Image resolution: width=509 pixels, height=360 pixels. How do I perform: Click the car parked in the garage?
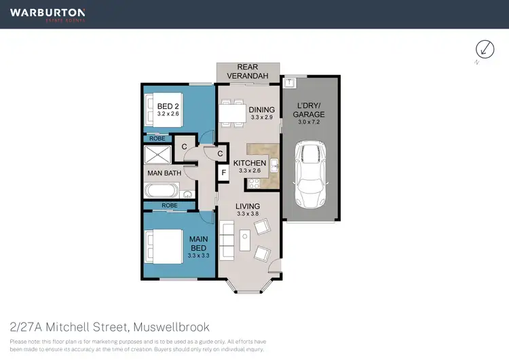309,177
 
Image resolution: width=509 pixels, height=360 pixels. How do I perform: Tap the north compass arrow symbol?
485,49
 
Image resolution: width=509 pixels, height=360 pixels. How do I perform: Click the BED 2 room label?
168,110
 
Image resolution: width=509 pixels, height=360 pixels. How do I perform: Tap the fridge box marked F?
222,173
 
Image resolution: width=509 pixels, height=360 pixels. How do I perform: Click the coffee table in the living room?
245,241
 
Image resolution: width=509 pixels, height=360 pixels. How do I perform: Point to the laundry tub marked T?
289,83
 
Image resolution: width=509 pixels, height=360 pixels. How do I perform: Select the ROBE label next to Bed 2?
157,138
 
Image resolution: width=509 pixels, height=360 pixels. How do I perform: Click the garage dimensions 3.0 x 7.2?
309,123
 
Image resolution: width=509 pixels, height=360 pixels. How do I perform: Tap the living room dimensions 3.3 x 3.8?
247,214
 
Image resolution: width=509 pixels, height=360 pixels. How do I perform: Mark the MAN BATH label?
164,173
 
